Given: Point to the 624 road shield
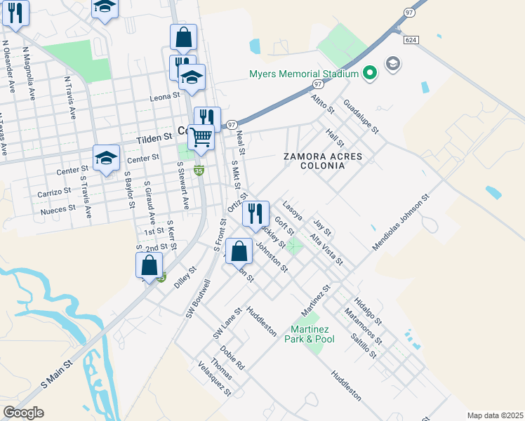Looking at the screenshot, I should pos(411,40).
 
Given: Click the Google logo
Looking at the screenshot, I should pos(23,412).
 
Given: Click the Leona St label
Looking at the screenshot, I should pos(166,98).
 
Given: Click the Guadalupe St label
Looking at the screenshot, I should pos(361,116).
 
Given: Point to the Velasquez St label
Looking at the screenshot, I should pos(215,379).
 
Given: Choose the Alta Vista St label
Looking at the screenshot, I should pos(327,249).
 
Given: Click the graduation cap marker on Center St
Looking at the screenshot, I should pos(106,159).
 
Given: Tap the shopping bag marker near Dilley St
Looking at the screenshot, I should pos(149,266).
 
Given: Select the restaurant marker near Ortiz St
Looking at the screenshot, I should pos(255,213).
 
